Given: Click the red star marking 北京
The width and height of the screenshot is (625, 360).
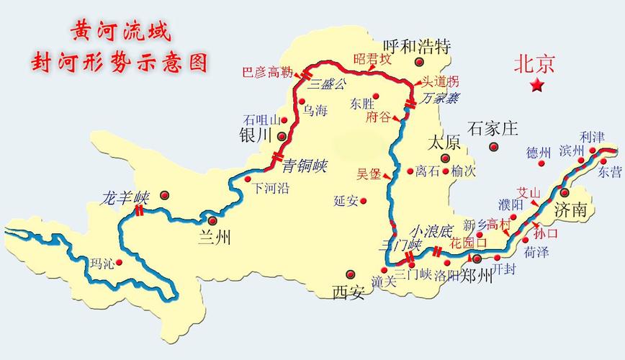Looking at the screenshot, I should [x=537, y=86].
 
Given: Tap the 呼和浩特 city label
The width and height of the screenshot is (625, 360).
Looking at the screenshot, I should [x=416, y=47].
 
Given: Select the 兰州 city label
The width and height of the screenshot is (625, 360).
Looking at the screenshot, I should [x=214, y=238].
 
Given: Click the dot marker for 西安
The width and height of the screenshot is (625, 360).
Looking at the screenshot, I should [x=351, y=274].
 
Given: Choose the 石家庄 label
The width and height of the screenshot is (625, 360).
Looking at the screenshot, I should [x=493, y=130].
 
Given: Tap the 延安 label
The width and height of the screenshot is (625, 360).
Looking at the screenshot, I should [x=346, y=201].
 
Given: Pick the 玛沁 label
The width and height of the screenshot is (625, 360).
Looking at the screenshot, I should [x=102, y=263].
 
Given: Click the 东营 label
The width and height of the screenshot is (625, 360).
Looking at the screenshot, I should [x=608, y=171].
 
